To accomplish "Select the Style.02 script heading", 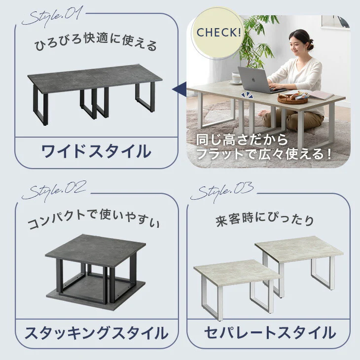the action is (x=54, y=191).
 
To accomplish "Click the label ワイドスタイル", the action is (x=96, y=151).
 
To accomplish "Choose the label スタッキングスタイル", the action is (x=97, y=333).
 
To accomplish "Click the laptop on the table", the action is (x=259, y=79).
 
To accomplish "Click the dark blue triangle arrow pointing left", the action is (x=180, y=89).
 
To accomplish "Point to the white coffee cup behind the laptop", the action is (x=235, y=77).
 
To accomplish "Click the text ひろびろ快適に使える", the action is (x=96, y=43).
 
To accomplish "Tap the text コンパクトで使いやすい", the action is (x=93, y=220).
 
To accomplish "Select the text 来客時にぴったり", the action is (x=265, y=219).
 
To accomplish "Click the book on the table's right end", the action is (x=320, y=95).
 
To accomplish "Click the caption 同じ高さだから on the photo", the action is (x=242, y=140).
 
